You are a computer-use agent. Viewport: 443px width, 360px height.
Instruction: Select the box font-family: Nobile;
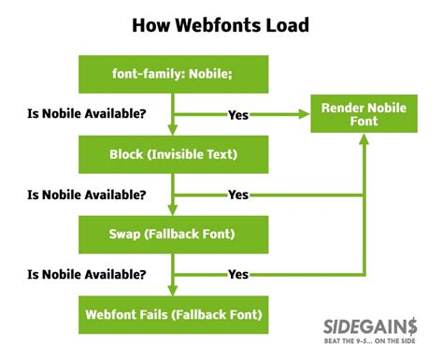pos(174,74)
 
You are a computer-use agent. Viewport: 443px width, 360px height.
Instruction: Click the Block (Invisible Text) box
pos(174,153)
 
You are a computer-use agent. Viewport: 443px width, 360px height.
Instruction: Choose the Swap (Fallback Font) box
pos(174,233)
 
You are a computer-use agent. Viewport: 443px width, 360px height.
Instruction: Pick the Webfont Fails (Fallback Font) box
pos(174,312)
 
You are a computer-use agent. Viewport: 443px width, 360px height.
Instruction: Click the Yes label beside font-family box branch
pos(239,115)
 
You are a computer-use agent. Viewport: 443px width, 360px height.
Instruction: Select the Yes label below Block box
pos(239,194)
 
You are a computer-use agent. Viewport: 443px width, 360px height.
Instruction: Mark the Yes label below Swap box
pos(239,274)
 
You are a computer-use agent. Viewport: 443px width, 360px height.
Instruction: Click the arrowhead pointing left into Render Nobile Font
pos(305,115)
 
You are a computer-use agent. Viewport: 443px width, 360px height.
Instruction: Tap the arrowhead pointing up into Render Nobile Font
pos(364,142)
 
